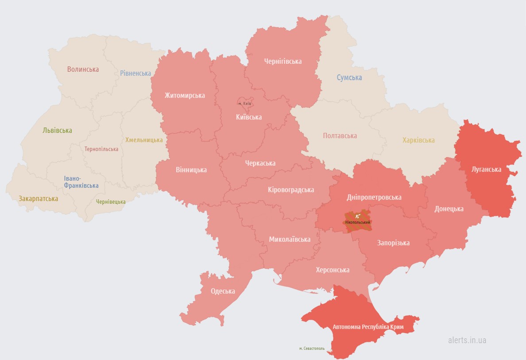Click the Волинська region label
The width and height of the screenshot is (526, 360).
[83, 69]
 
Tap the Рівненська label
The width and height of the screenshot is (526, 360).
[135, 73]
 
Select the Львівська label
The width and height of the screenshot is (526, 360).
[57, 131]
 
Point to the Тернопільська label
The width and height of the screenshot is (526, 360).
[101, 149]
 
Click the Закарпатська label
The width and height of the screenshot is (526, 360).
[38, 199]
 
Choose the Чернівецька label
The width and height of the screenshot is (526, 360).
[111, 201]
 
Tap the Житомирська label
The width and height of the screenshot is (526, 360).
[185, 95]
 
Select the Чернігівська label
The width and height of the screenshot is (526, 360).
[282, 61]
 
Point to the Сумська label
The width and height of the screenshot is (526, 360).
[349, 77]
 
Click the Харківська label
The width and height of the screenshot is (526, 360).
[418, 140]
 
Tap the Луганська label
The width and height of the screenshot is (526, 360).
[486, 170]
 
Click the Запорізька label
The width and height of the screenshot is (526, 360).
[393, 243]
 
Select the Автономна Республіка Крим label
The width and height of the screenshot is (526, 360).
[368, 327]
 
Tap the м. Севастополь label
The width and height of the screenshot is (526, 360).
[312, 348]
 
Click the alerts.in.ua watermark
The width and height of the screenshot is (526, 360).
[467, 340]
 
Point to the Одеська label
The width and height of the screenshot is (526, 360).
[223, 291]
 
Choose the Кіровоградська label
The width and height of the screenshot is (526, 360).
[291, 190]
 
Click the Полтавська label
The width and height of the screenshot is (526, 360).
[340, 135]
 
